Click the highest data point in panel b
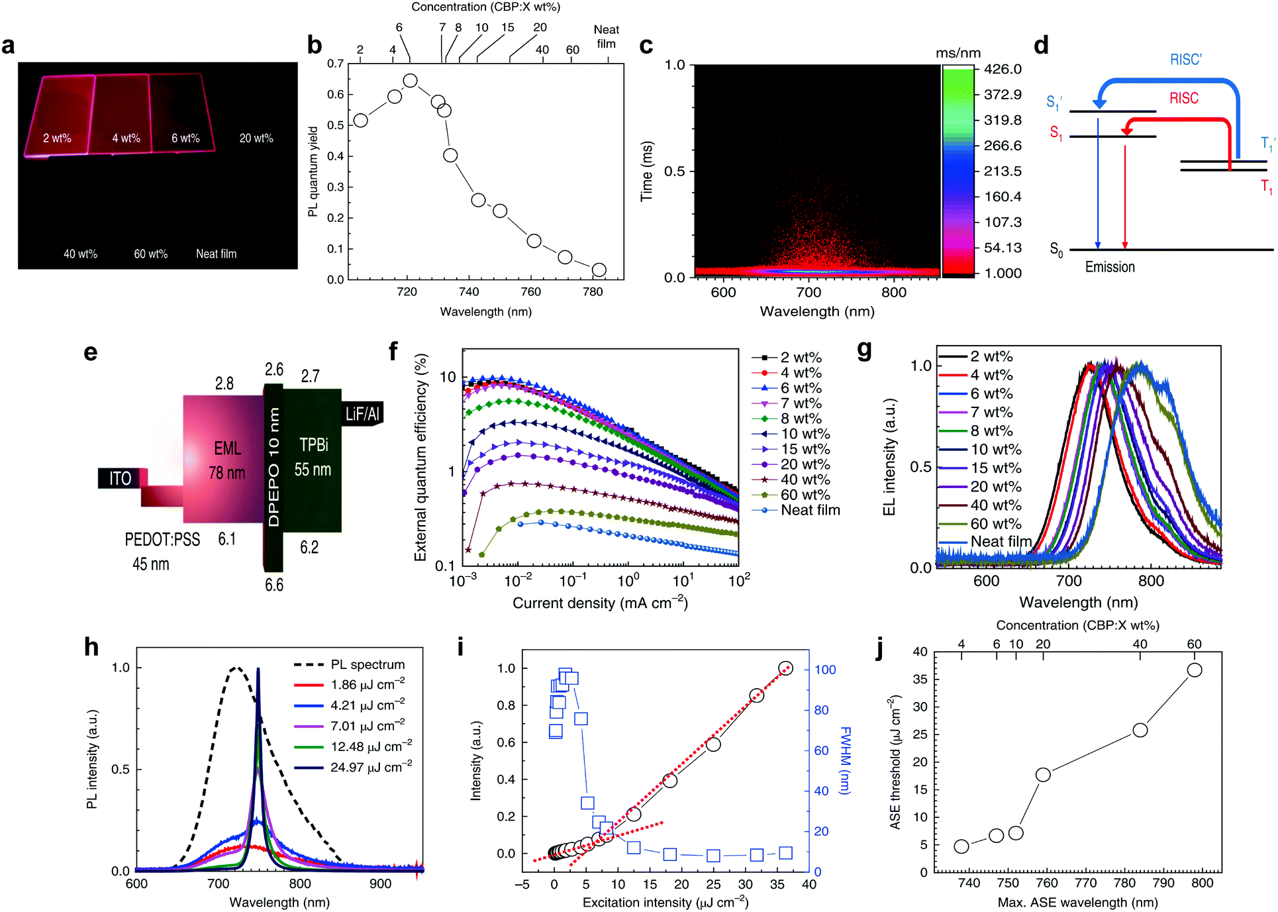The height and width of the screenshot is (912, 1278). coord(411,81)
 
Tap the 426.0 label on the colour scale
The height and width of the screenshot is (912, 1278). coord(1003,69)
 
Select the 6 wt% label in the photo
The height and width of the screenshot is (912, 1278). coord(185,138)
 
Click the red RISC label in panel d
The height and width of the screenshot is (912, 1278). coord(1184,98)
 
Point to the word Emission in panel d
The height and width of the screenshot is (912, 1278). coord(1110,267)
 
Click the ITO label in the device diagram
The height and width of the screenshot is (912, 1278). coord(120,478)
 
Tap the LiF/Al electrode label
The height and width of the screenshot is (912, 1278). coord(362,415)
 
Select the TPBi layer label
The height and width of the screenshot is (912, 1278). coord(314,445)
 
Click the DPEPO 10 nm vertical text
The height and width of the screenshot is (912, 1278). coord(273,467)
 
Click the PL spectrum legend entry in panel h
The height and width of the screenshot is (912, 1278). coord(350,664)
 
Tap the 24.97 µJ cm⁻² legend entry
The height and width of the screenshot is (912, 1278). coord(353,767)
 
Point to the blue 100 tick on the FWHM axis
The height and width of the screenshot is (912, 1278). coord(825,670)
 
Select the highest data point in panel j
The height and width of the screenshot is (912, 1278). coord(1195,670)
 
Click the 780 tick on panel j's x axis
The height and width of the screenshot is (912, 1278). coord(1124,883)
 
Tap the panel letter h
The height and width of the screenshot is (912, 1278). coord(91,646)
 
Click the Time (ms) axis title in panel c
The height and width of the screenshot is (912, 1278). coord(646,171)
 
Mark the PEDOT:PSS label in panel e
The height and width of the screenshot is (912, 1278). coord(162,540)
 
